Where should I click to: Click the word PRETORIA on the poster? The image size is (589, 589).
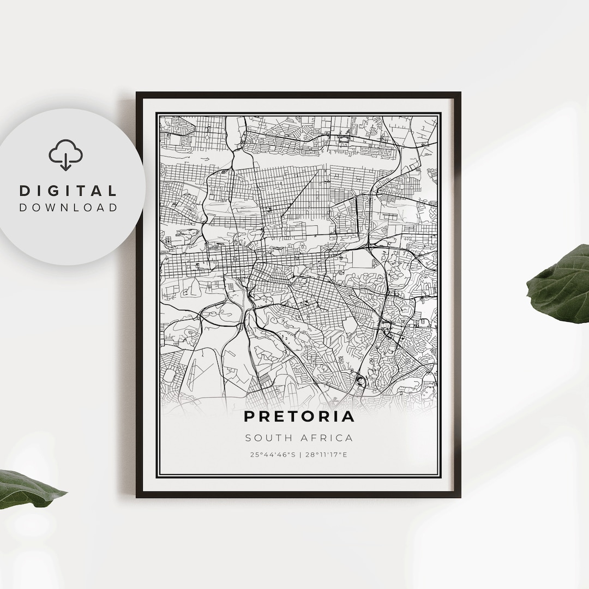[299, 417]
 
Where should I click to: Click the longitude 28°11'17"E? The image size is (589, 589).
[329, 454]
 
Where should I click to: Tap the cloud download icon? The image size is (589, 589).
[65, 155]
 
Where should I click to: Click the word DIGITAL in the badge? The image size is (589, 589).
[68, 191]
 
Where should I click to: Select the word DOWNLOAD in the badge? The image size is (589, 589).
[68, 207]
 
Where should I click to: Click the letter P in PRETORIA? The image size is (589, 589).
[249, 417]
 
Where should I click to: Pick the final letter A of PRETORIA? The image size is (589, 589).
[348, 417]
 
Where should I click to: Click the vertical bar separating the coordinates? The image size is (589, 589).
[299, 454]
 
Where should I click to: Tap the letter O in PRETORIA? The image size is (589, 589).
[305, 417]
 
